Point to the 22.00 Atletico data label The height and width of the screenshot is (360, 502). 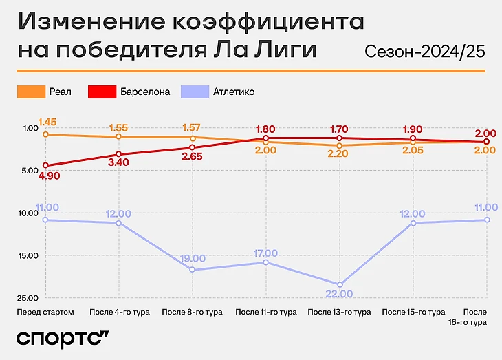tap(338, 294)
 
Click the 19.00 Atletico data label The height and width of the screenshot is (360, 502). tap(193, 259)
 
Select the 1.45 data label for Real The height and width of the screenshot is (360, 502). tap(47, 123)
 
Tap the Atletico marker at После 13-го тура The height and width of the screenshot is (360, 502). tap(339, 284)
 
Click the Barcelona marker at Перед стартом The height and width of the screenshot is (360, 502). tap(45, 165)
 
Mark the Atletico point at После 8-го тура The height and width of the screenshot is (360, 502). tap(192, 270)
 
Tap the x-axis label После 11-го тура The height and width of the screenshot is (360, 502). tap(265, 312)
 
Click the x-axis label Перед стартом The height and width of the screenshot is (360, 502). tap(45, 312)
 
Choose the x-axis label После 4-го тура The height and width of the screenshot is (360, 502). tap(118, 312)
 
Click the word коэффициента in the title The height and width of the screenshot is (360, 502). tap(265, 22)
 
